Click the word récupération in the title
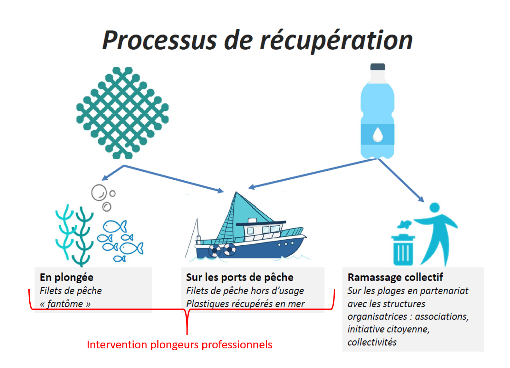[336, 41]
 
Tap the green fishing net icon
[122, 113]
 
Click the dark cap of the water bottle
[378, 67]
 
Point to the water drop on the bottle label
[378, 134]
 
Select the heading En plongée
[66, 278]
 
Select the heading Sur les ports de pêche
[240, 278]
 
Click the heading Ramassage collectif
[395, 278]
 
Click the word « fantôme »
[65, 304]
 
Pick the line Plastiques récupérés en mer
[245, 304]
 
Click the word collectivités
[372, 342]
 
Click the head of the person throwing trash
[435, 207]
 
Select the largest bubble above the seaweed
[99, 193]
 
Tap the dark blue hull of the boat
[250, 249]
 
